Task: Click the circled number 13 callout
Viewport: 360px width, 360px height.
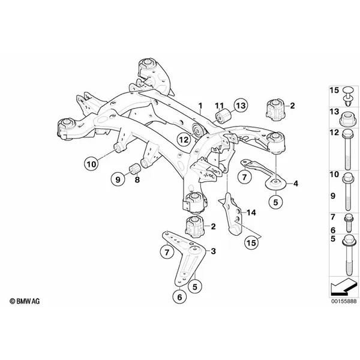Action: [241, 106]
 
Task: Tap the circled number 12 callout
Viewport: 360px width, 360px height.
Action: [184, 139]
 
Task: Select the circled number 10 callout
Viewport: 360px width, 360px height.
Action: [91, 164]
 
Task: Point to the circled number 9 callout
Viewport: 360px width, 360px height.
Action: [118, 179]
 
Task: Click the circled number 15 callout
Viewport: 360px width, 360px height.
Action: [251, 242]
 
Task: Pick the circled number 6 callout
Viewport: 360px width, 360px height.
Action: [179, 297]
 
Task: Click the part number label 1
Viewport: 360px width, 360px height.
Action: [200, 106]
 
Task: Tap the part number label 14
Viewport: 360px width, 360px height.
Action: [251, 212]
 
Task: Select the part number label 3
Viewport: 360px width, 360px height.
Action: [213, 251]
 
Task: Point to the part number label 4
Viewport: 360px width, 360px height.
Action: [296, 184]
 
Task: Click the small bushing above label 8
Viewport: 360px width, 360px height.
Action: [135, 169]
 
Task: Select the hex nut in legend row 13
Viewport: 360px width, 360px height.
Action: [347, 119]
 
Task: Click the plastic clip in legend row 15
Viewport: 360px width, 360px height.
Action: [349, 96]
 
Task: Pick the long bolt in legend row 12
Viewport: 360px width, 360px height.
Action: [348, 149]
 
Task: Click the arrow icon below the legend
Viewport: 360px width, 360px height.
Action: [344, 287]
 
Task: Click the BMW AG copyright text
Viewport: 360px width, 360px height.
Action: [25, 301]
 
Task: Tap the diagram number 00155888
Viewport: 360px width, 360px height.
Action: [344, 301]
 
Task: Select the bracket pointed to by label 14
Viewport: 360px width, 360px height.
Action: [231, 214]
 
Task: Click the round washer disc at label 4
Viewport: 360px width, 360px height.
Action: [275, 184]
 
